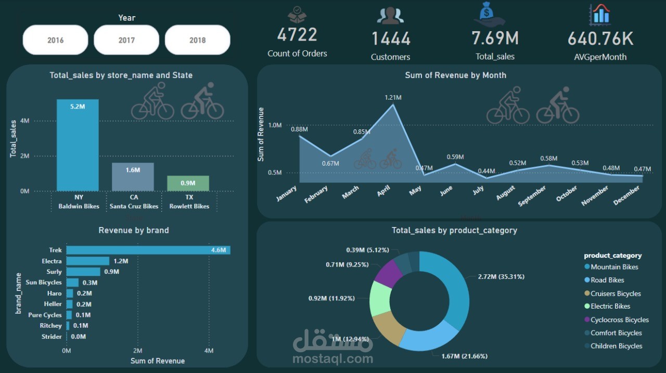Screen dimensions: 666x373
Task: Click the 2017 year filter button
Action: coord(126,40)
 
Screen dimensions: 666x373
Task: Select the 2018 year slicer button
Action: coord(197,40)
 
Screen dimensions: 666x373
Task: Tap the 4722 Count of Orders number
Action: coord(297,34)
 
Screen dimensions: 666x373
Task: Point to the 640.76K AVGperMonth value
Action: coord(600,38)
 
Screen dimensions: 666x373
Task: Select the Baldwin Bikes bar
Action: coord(78,145)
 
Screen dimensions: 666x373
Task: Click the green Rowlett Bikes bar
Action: coord(188,183)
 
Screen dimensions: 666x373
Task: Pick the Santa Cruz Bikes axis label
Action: coord(134,206)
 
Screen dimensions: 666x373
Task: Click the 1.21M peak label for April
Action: coord(393,98)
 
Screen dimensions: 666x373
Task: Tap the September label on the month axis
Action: coord(532,196)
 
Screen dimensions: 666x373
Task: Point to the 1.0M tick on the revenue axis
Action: coord(275,125)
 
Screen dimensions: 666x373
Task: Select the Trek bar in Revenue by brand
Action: coord(148,250)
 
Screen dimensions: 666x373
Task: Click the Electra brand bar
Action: coord(88,261)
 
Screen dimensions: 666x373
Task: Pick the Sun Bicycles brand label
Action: coord(43,283)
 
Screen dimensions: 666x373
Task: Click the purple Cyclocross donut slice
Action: coord(388,274)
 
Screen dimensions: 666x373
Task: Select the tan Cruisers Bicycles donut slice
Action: coord(389,328)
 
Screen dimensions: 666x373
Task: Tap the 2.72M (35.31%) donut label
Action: coord(501,277)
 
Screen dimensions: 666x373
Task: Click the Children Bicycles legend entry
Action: coord(613,346)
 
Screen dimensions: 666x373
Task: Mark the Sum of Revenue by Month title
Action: coord(455,75)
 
